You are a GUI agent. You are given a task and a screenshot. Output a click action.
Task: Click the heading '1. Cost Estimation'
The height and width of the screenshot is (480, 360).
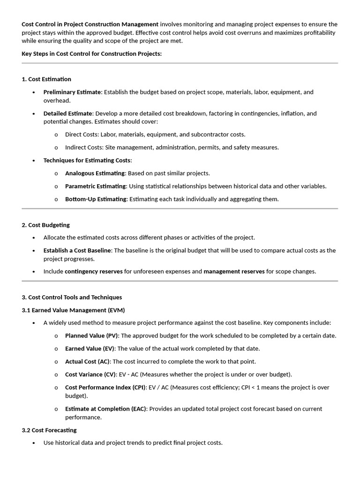(46, 79)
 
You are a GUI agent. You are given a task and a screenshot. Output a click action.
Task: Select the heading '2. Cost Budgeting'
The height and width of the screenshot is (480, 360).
(45, 225)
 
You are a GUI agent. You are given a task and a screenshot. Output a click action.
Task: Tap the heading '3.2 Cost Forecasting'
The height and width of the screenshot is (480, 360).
(49, 430)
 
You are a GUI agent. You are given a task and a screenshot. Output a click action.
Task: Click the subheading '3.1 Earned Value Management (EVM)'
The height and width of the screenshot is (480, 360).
(73, 310)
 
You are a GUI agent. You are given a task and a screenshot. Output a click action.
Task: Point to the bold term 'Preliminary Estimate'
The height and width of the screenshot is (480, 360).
(72, 92)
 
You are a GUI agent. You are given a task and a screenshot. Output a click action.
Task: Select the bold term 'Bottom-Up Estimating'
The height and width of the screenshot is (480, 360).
(96, 199)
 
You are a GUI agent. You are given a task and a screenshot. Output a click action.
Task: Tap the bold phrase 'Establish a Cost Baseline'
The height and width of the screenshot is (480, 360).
(77, 250)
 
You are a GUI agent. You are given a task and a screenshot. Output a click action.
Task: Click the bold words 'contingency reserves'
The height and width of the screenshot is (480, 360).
(93, 271)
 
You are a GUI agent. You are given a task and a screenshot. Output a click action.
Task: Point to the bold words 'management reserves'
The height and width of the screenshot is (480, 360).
(234, 271)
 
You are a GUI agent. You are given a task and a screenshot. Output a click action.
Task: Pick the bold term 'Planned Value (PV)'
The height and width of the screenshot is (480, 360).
(92, 336)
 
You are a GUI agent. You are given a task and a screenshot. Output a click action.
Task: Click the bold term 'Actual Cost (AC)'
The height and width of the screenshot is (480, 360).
(87, 361)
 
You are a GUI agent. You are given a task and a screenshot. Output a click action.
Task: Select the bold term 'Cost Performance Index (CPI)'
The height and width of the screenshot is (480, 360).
(105, 387)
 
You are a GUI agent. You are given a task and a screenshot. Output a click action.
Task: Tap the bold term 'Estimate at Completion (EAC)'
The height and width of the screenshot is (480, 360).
(105, 409)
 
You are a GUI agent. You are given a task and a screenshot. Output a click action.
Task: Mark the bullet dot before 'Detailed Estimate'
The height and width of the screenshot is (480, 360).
(33, 114)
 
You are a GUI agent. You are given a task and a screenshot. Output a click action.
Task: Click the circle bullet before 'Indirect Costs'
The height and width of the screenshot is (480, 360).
(56, 148)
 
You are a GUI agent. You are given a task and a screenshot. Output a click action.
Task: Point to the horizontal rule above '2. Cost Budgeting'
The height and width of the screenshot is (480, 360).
(180, 209)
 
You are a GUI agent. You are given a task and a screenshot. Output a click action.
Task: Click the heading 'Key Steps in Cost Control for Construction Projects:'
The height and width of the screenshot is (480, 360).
(92, 53)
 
